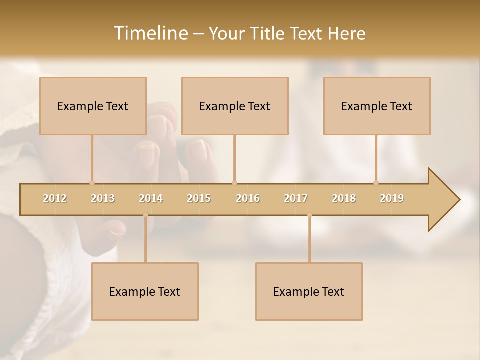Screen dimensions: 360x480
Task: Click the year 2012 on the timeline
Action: coord(55,198)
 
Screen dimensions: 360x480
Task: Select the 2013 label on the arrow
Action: coord(103,198)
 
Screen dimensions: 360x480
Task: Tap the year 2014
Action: coord(151,198)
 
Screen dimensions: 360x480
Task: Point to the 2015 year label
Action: coord(199,198)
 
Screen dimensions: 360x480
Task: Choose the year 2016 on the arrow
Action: coord(248,198)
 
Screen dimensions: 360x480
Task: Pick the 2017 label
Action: coord(296,198)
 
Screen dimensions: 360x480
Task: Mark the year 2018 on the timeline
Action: coord(344,198)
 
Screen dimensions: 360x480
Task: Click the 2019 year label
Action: coord(392,198)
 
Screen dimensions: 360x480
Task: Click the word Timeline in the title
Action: coord(150,33)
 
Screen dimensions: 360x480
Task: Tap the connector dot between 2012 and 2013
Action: coord(92,183)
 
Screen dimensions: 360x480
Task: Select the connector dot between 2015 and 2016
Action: coord(234,183)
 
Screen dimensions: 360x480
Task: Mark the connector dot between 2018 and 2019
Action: coord(376,183)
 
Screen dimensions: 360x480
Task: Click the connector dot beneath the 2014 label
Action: coord(145,215)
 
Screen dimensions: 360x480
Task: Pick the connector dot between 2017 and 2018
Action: coord(309,215)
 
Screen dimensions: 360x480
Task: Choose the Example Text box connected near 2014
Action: coord(145,291)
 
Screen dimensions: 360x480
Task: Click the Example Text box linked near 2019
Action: coord(377,106)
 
